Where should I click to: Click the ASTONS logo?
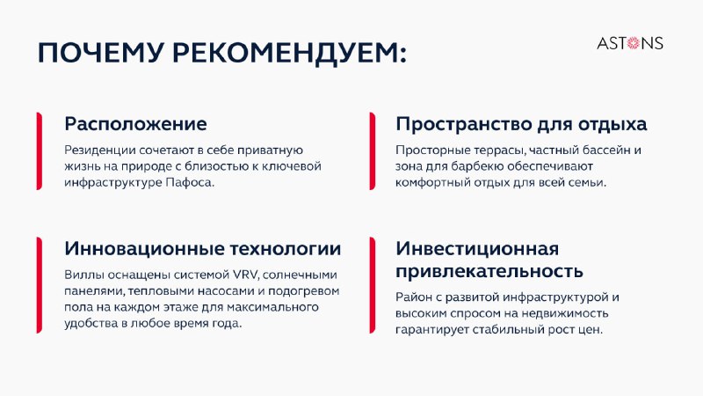coord(630,43)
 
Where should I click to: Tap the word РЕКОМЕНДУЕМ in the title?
coord(289,54)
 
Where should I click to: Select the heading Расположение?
coord(135,124)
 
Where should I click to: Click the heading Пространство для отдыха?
coord(521,124)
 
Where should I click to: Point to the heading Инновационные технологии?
coord(203,248)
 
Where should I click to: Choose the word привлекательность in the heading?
coord(489,271)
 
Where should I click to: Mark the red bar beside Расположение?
coord(39,150)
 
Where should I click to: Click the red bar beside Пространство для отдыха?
coord(372,150)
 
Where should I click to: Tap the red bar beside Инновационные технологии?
coord(39,285)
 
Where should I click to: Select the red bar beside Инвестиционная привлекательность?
coord(372,285)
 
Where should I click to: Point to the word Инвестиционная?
coord(477,248)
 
